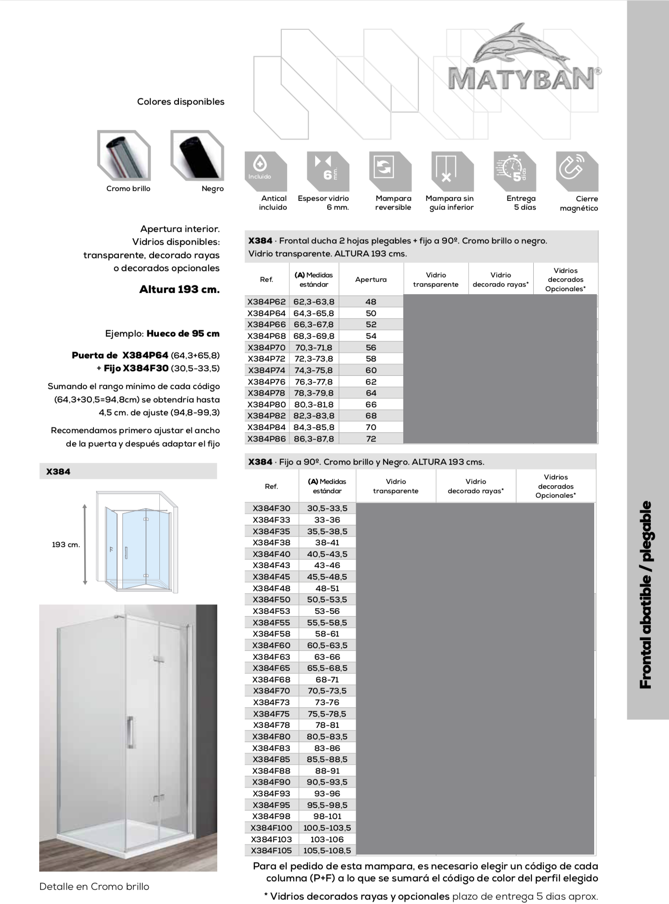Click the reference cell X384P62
click(267, 302)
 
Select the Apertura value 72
click(371, 439)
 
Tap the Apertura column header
click(371, 280)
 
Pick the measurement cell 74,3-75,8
click(314, 370)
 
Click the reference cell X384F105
click(272, 851)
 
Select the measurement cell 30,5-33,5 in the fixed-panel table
click(327, 508)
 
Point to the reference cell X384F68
click(272, 680)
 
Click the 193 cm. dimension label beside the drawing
click(66, 544)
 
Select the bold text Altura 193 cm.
click(179, 289)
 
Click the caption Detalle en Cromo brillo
click(94, 887)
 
